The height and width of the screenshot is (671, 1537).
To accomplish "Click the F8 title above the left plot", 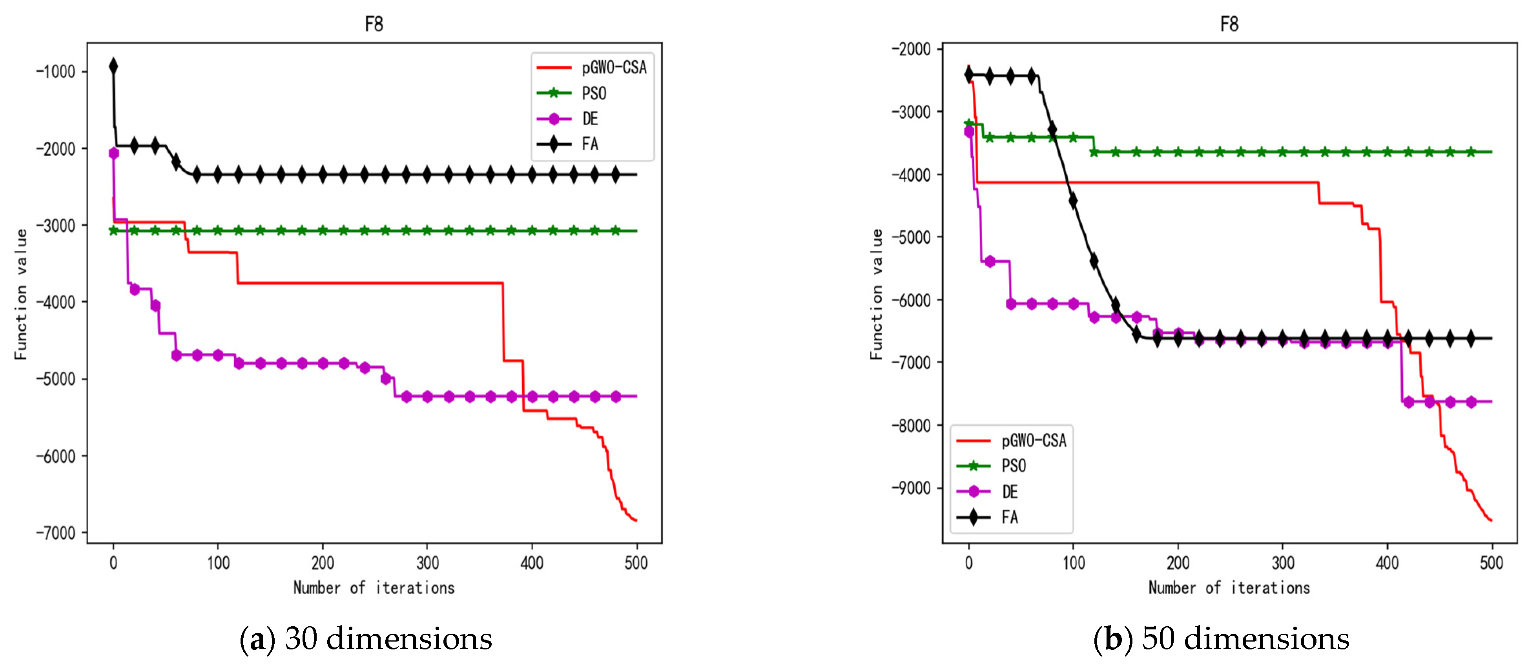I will coord(374,24).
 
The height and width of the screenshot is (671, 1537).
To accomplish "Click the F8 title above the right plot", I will coord(1229,24).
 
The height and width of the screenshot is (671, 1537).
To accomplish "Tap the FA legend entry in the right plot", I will coord(1010,517).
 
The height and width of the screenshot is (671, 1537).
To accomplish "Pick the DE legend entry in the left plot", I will coord(589,119).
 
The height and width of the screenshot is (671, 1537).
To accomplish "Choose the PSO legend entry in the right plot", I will coord(1014,466).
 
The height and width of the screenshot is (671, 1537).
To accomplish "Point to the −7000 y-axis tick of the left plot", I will coord(56,532).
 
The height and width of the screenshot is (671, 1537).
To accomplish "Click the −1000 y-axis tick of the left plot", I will coord(56,71).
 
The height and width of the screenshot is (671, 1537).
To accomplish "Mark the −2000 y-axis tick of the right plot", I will coord(911,49).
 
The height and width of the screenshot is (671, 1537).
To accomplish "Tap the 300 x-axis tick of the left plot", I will coord(427,562).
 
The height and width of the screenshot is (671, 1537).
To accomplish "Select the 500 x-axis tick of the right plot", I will coord(1491,562).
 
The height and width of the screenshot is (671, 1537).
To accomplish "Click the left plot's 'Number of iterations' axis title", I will coord(374,588).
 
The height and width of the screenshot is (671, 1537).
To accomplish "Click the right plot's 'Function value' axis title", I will coord(876,294).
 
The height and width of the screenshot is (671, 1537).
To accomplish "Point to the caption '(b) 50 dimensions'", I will coord(1222,639).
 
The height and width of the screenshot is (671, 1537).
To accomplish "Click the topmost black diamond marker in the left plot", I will coord(113,66).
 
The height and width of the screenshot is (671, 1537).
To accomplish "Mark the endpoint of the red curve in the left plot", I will coord(636,521).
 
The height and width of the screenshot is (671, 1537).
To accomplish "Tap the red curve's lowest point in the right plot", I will coord(1491,521).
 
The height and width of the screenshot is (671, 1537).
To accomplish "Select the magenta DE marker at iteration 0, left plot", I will coord(113,153).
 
